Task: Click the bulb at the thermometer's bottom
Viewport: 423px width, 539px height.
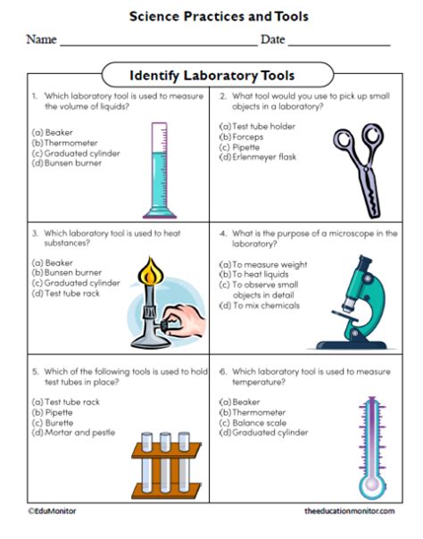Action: click(372, 485)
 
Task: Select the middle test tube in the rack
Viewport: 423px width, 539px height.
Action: click(165, 461)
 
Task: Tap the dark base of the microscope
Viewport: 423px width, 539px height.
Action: click(352, 344)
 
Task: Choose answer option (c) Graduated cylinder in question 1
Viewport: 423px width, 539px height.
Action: click(76, 153)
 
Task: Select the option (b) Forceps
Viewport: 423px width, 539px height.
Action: click(241, 137)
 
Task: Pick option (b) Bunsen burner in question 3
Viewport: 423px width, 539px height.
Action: click(67, 272)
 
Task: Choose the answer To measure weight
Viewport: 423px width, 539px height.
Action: click(263, 264)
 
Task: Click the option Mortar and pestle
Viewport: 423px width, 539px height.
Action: click(73, 433)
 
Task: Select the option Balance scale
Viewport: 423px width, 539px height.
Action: click(253, 422)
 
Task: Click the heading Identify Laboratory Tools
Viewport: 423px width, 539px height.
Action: click(212, 75)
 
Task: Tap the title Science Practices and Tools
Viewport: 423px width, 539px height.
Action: click(219, 16)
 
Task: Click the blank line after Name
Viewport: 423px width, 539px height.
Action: click(159, 45)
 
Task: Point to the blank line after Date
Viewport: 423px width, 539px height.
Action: click(339, 45)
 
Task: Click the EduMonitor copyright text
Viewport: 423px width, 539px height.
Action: click(53, 511)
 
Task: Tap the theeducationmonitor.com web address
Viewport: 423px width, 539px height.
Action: click(350, 511)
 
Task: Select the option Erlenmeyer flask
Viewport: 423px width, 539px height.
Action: click(258, 157)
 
